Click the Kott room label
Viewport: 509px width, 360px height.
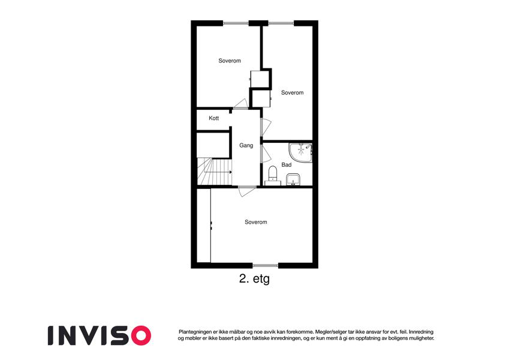point(213,118)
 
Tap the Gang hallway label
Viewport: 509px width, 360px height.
point(246,145)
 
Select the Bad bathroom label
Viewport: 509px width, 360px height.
point(287,165)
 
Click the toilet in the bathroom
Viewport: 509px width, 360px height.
point(273,175)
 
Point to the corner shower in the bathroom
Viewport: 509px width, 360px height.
point(301,152)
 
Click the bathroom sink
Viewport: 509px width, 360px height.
point(293,179)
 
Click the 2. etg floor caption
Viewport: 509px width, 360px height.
point(254,279)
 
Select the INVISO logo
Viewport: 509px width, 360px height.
point(100,335)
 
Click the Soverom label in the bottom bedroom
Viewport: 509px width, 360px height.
point(256,222)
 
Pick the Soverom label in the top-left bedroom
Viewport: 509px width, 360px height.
point(230,61)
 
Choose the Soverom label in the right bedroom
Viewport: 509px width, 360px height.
point(292,92)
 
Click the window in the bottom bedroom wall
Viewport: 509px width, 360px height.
point(266,265)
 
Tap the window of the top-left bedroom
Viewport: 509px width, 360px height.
point(236,23)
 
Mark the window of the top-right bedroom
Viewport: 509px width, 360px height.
point(281,23)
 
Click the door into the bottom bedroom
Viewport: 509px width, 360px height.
point(247,191)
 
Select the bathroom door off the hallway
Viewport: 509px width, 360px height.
point(265,154)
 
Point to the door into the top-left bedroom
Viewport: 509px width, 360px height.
point(241,104)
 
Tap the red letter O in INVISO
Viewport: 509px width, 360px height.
point(141,335)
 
